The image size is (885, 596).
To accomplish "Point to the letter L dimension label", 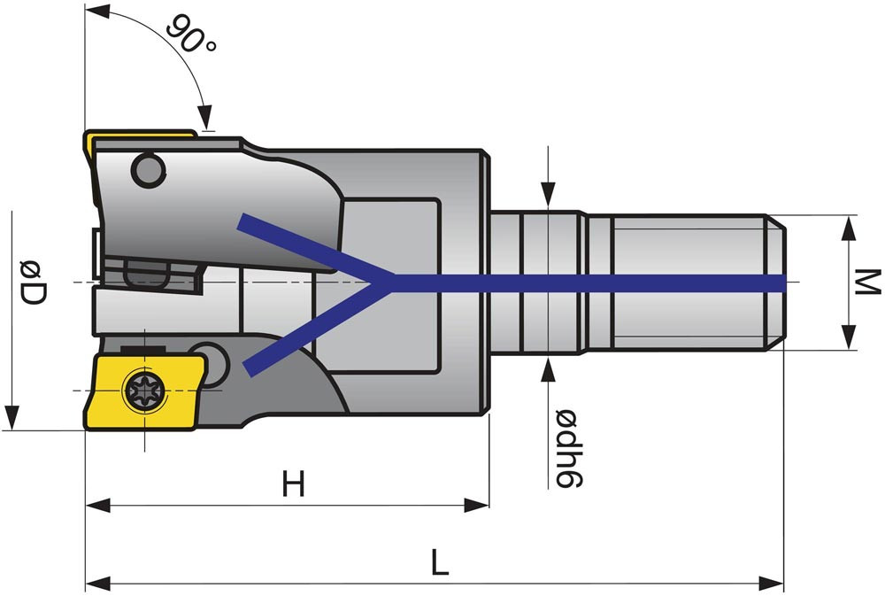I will (439, 562).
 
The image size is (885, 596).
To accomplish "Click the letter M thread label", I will (868, 283).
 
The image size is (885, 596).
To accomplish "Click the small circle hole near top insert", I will (148, 169).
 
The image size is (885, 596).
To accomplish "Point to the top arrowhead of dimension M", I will (849, 228).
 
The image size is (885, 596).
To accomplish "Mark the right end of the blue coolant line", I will (782, 283).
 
